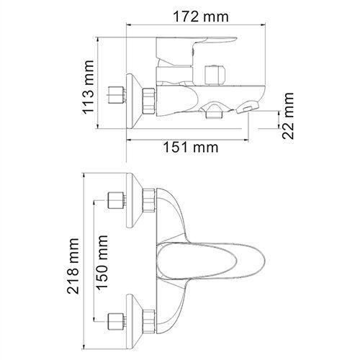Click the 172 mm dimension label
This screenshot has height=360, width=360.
(201, 17)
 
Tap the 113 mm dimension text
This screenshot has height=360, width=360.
(88, 86)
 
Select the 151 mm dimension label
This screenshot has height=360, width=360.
(191, 147)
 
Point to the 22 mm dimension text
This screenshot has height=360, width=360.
(288, 116)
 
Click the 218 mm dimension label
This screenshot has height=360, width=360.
(73, 266)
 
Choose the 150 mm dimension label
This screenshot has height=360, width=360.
(102, 262)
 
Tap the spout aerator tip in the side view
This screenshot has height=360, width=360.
(247, 107)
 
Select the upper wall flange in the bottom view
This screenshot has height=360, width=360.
(135, 200)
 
